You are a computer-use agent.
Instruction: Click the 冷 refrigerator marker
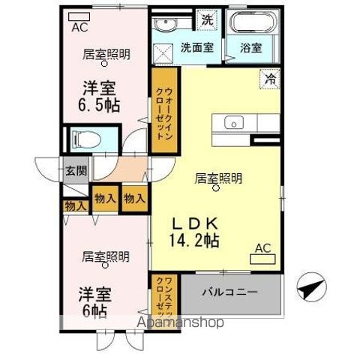click(x=267, y=76)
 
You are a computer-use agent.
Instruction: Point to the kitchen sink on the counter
click(x=232, y=121)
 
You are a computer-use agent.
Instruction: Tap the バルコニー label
click(x=232, y=292)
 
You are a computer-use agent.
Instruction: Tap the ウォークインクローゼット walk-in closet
click(x=163, y=112)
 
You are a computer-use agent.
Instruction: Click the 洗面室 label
click(x=196, y=47)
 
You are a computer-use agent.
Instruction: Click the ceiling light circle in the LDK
click(x=217, y=189)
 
